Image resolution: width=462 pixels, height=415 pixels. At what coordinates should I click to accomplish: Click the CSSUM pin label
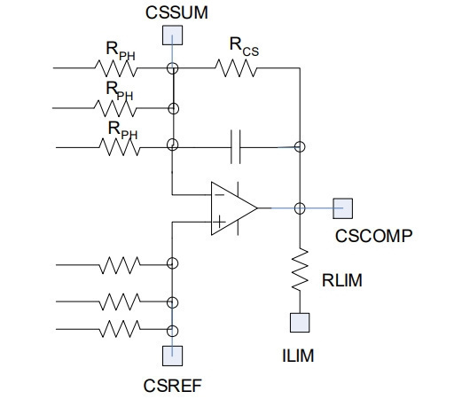(x=176, y=12)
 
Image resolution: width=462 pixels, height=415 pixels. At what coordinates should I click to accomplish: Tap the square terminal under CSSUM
(x=172, y=35)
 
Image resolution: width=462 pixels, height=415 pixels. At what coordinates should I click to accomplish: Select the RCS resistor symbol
(x=236, y=68)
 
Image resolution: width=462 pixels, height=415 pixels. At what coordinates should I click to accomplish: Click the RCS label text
(x=244, y=47)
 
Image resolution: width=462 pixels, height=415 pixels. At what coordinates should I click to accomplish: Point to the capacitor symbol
(x=236, y=146)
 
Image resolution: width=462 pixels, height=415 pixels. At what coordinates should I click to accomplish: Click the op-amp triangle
(x=234, y=208)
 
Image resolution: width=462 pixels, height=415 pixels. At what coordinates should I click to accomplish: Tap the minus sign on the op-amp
(x=219, y=195)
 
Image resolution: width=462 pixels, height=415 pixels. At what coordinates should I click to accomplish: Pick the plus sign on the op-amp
(x=219, y=222)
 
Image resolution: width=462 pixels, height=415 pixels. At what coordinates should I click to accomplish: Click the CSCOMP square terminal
(x=343, y=208)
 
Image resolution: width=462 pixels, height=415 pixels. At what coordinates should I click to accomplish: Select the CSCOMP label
(x=373, y=236)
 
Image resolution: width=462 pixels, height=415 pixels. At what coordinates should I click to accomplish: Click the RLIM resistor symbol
(x=300, y=270)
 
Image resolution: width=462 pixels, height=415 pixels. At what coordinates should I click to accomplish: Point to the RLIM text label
(x=342, y=280)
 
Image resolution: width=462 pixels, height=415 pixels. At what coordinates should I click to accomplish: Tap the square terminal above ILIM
(x=300, y=323)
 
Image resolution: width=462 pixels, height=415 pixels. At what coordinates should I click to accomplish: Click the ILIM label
(x=298, y=356)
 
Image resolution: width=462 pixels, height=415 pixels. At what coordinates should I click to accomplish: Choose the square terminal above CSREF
(x=172, y=356)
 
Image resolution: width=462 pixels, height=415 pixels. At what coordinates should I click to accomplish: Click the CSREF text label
(x=173, y=386)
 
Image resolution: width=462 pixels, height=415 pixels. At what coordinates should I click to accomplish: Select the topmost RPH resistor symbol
(x=116, y=68)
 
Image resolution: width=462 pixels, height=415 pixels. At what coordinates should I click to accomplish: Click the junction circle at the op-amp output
(x=300, y=208)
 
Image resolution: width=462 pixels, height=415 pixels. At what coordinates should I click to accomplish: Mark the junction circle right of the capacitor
(x=300, y=146)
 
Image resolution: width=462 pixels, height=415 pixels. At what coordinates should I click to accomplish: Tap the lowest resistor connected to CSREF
(x=120, y=329)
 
